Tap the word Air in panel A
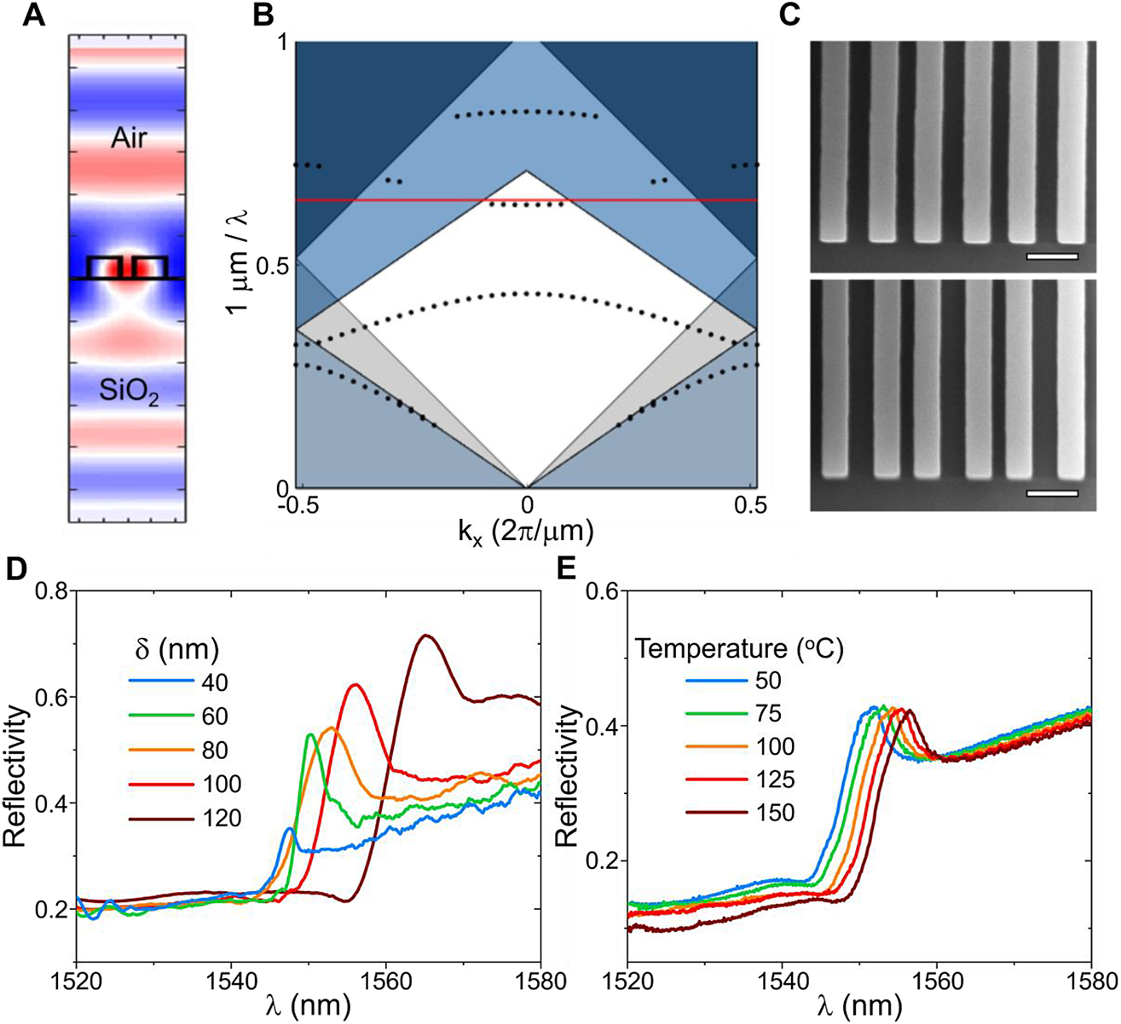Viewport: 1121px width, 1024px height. pos(129,139)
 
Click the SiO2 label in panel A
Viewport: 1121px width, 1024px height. pos(130,394)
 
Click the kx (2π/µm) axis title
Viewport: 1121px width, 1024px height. pos(526,532)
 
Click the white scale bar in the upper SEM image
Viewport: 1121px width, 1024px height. pos(1052,255)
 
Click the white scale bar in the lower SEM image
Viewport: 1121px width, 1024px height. pos(1052,492)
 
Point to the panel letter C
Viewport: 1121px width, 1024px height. pos(815,14)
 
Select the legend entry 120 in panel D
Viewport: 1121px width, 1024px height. pos(223,819)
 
